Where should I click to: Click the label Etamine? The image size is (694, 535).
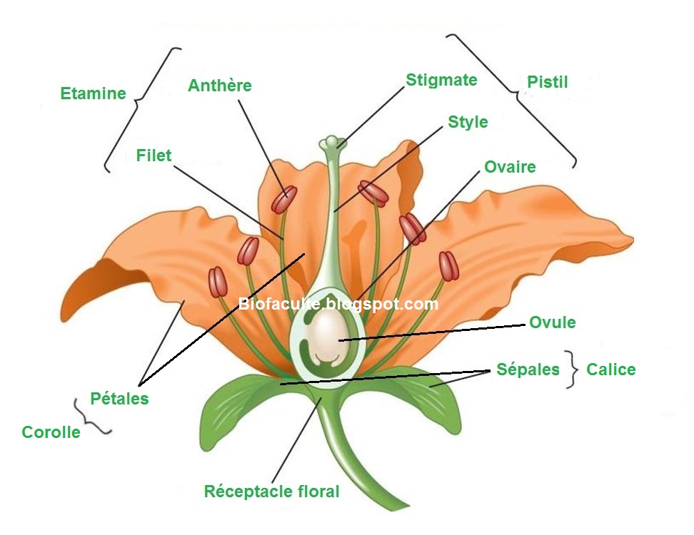tap(93, 93)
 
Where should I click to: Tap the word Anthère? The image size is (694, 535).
tap(220, 86)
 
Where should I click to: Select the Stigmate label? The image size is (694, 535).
tap(441, 80)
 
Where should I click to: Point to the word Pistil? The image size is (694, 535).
tap(548, 82)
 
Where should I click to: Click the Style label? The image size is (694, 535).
tap(468, 122)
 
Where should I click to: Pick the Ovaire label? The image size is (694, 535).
tap(510, 167)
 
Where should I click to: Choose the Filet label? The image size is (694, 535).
tap(154, 155)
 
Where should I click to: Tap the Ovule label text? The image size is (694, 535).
tap(552, 322)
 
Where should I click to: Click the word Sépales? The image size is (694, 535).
tap(528, 370)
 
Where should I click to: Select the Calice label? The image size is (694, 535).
tap(610, 370)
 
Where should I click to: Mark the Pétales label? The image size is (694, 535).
tap(120, 398)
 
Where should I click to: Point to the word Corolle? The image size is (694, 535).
tap(51, 432)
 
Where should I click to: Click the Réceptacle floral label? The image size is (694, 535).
tap(271, 491)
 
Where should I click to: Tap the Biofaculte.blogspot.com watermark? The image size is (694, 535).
tap(338, 305)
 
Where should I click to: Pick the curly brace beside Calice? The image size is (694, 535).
tap(570, 370)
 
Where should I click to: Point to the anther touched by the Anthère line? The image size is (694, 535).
tap(283, 200)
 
